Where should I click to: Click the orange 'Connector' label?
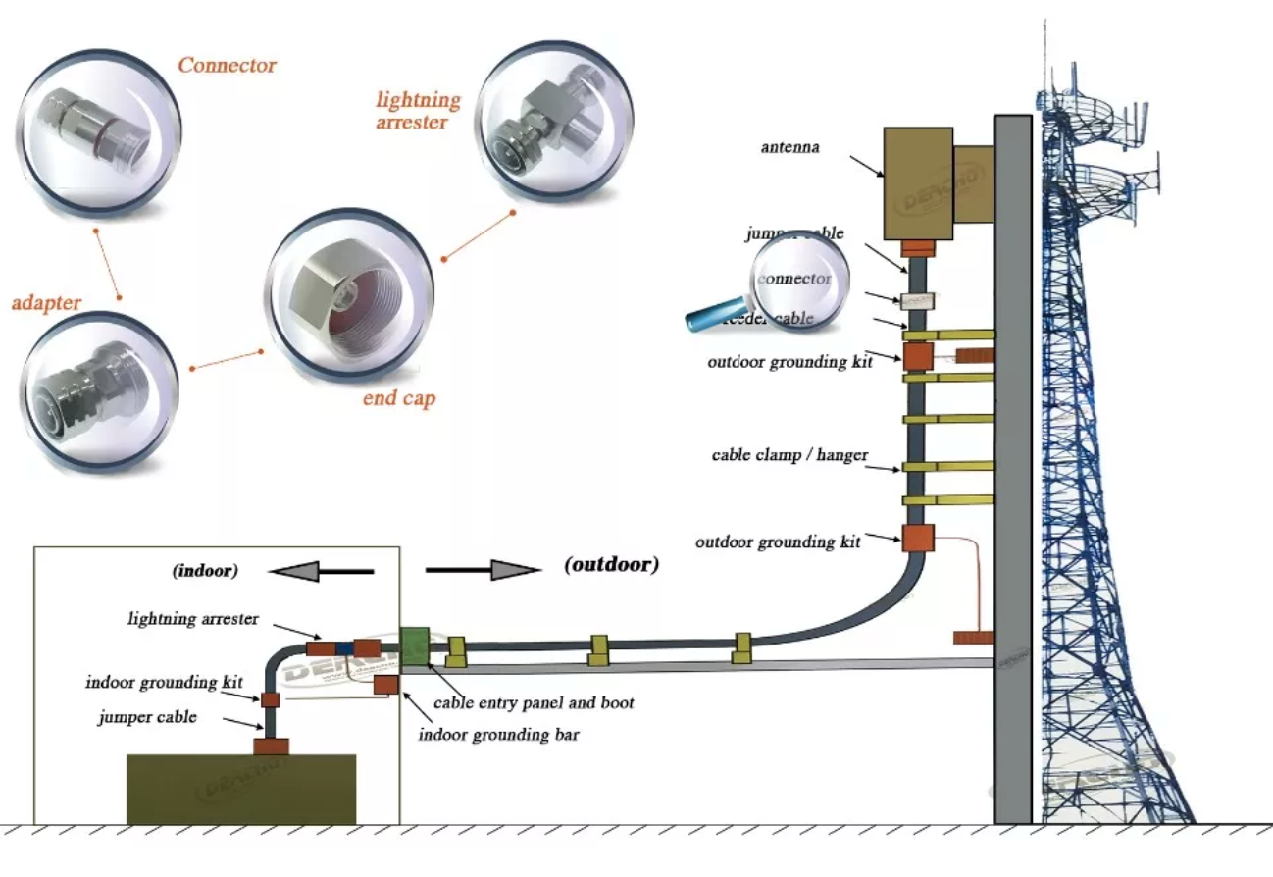pyautogui.click(x=227, y=66)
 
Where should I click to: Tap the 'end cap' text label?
pyautogui.click(x=399, y=399)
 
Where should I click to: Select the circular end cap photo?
pyautogui.click(x=350, y=294)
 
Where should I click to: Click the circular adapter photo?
pyautogui.click(x=99, y=391)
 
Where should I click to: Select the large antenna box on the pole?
pyautogui.click(x=918, y=183)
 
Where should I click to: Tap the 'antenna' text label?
pyautogui.click(x=789, y=148)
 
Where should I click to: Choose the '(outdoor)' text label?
pyautogui.click(x=612, y=564)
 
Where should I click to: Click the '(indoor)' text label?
pyautogui.click(x=206, y=570)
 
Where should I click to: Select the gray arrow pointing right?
pyautogui.click(x=484, y=569)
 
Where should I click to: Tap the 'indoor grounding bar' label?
pyautogui.click(x=498, y=734)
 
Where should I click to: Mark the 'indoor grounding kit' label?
pyautogui.click(x=164, y=683)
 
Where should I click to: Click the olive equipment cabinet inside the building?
pyautogui.click(x=241, y=789)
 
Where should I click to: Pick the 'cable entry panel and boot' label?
pyautogui.click(x=534, y=703)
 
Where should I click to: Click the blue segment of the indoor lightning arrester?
pyautogui.click(x=344, y=648)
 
